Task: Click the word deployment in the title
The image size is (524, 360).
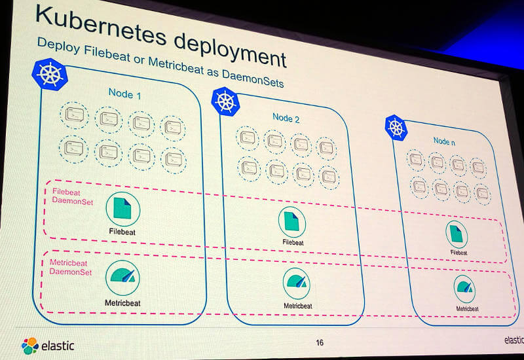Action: click(231, 51)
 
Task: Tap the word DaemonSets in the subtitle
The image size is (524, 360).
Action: click(253, 79)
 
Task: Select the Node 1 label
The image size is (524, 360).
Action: click(124, 94)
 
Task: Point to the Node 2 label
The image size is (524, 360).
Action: click(286, 118)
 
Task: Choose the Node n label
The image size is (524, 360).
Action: click(444, 141)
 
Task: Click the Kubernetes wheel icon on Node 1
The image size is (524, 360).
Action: click(50, 74)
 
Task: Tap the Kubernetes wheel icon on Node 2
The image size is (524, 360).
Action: click(225, 101)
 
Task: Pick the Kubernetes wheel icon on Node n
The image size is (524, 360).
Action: click(396, 128)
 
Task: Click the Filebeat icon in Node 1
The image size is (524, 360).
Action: click(123, 209)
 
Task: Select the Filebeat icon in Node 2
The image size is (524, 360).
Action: click(291, 222)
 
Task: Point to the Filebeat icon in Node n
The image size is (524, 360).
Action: click(457, 234)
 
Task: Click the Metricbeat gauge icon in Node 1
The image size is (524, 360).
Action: click(122, 278)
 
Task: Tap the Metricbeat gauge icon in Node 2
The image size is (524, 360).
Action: click(297, 283)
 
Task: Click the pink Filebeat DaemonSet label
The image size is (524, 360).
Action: click(73, 196)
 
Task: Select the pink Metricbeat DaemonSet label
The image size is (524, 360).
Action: click(71, 267)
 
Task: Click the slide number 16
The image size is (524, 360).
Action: click(320, 342)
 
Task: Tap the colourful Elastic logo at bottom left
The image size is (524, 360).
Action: click(29, 346)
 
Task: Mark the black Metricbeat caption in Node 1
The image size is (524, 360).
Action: click(122, 303)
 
